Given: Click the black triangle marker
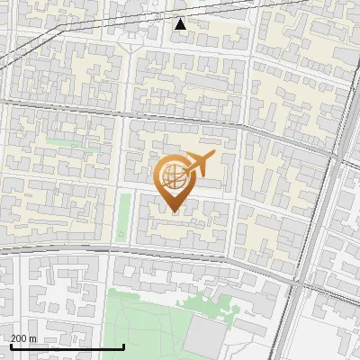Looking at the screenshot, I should pos(181,24).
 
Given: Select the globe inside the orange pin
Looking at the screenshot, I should pos(173,178).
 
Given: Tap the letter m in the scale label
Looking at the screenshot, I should pos(33,338).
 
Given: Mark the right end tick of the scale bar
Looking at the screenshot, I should pos(123,346).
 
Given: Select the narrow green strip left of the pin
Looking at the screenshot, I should pos(123,216).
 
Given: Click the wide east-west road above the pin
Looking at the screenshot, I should pos(180,115).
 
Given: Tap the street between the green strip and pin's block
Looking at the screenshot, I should pos(132,216).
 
